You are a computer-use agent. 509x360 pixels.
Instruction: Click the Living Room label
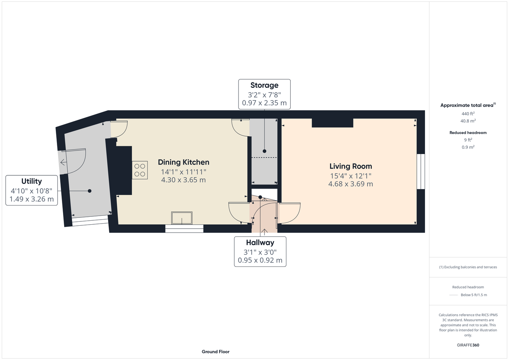[x=351, y=166]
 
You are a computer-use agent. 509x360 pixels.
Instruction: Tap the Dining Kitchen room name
[x=184, y=162]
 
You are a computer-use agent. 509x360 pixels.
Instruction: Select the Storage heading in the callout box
[x=264, y=85]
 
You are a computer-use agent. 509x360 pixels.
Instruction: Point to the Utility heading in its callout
[x=32, y=181]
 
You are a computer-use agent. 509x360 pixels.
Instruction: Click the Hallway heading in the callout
[x=260, y=243]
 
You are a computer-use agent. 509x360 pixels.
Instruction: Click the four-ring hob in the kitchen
[x=140, y=170]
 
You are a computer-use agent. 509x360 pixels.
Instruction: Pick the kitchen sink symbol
[x=182, y=218]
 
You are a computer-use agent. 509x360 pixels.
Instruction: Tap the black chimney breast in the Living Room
[x=332, y=123]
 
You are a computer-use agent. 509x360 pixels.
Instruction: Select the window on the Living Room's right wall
[x=421, y=171]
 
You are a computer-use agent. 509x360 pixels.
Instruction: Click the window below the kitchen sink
[x=184, y=229]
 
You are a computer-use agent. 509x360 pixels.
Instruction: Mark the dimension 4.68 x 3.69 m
[x=351, y=184]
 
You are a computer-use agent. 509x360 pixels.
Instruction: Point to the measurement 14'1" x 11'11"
[x=184, y=172]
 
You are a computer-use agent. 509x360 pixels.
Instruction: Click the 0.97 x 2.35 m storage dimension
[x=264, y=103]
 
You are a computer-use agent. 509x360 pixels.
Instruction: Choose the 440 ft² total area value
[x=468, y=113]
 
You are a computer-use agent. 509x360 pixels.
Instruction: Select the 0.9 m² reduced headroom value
[x=468, y=147]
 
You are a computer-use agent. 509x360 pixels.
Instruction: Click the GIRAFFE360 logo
[x=468, y=345]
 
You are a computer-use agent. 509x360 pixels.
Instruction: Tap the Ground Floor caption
[x=216, y=352]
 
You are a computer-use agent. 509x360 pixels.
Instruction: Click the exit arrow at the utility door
[x=63, y=162]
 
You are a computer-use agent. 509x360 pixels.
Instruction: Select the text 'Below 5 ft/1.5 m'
[x=474, y=295]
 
